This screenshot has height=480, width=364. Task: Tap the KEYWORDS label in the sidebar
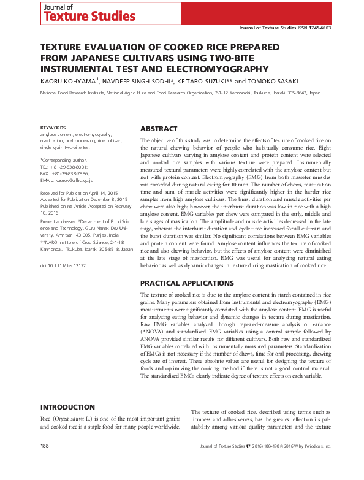coord(53,128)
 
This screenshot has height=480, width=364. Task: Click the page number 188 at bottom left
coord(45,463)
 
